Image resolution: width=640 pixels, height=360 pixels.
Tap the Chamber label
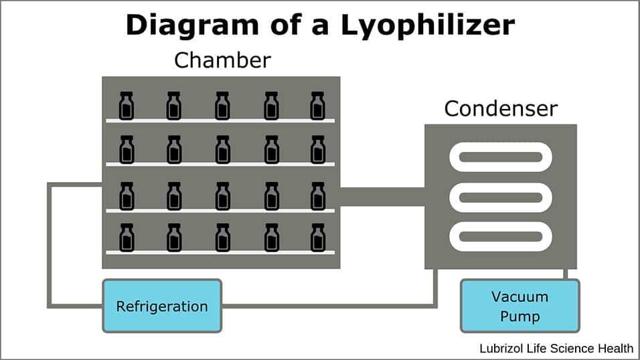coord(222,60)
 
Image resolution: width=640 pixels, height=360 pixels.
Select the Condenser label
coord(501,108)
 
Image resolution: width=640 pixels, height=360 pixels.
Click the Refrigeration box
coord(162,306)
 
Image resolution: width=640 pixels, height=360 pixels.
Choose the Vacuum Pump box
coord(519,306)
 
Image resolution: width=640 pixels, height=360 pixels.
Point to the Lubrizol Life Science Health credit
coord(556,348)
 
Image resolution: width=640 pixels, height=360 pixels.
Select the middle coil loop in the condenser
coord(501,197)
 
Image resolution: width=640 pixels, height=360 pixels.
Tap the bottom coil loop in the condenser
coord(501,236)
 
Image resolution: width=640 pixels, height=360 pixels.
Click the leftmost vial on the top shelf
coord(127,105)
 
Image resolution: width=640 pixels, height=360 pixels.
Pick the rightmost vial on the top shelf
coord(317,105)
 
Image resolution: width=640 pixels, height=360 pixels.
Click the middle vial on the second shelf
coord(222,149)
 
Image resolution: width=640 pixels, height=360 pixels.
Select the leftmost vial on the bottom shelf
coord(127,237)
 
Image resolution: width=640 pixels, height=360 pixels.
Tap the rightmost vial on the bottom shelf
coord(317,237)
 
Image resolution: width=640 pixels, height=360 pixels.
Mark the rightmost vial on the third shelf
coord(317,195)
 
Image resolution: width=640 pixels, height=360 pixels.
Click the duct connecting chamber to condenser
coord(382,197)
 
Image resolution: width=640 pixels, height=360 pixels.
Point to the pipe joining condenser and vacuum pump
coord(566,274)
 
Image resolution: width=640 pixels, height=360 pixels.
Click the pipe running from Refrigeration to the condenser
coord(335,306)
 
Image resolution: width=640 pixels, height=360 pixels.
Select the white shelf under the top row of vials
coord(221,120)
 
